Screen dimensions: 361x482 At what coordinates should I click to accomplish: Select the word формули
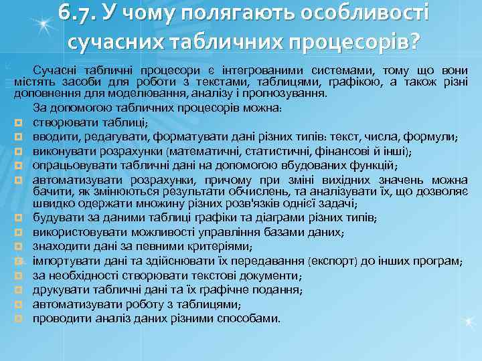[x=433, y=136]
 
